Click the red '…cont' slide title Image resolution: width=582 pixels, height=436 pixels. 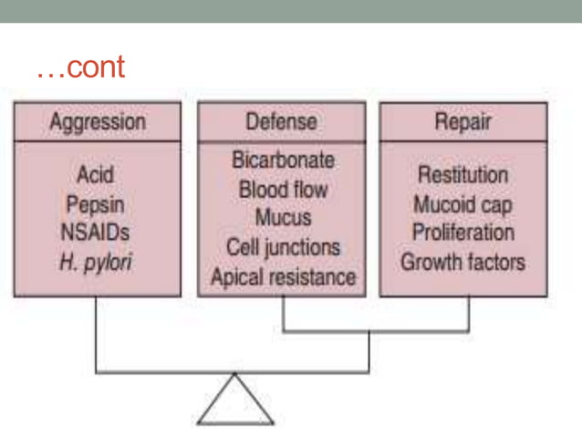(80, 68)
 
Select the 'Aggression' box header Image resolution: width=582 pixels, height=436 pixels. (97, 120)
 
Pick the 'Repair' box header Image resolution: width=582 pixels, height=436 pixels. (462, 120)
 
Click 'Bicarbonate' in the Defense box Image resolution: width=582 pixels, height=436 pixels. (283, 161)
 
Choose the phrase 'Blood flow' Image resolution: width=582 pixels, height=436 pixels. (283, 190)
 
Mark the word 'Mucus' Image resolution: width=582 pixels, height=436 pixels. (283, 219)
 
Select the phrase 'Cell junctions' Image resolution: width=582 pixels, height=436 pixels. (283, 247)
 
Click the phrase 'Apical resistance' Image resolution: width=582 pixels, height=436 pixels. (283, 276)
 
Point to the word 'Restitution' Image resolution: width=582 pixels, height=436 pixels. (462, 173)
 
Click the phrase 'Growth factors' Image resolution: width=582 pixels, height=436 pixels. (462, 262)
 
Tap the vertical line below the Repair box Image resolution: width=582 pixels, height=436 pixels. (469, 314)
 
